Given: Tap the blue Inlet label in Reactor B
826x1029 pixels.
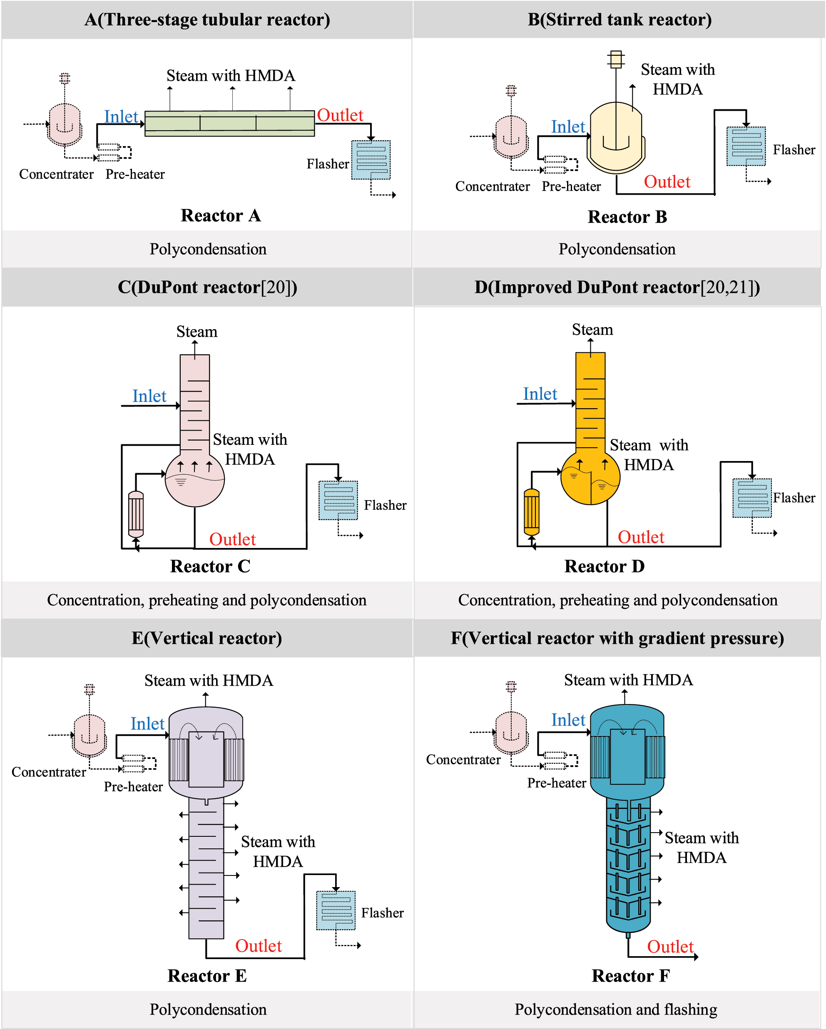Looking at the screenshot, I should (x=568, y=126).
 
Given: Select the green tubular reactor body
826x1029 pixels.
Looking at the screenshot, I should (x=229, y=123).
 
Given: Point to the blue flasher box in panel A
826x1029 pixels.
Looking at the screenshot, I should (x=371, y=160).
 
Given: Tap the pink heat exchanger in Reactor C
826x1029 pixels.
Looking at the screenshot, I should (x=136, y=514).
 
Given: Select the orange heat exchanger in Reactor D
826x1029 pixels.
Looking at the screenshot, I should (x=531, y=512).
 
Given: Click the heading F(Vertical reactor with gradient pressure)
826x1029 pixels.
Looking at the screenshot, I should (x=617, y=638).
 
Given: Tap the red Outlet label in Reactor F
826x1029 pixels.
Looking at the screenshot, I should (x=670, y=947).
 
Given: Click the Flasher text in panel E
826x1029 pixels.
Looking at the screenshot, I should (x=382, y=912).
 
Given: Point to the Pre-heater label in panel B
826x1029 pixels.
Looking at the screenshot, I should (x=571, y=186).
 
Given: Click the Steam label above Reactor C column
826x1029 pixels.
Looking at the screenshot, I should (x=197, y=331).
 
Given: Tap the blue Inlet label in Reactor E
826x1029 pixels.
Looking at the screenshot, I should (x=147, y=724).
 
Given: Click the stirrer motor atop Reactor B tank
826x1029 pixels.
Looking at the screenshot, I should (x=616, y=59).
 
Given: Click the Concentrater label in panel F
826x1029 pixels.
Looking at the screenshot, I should (x=463, y=759).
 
